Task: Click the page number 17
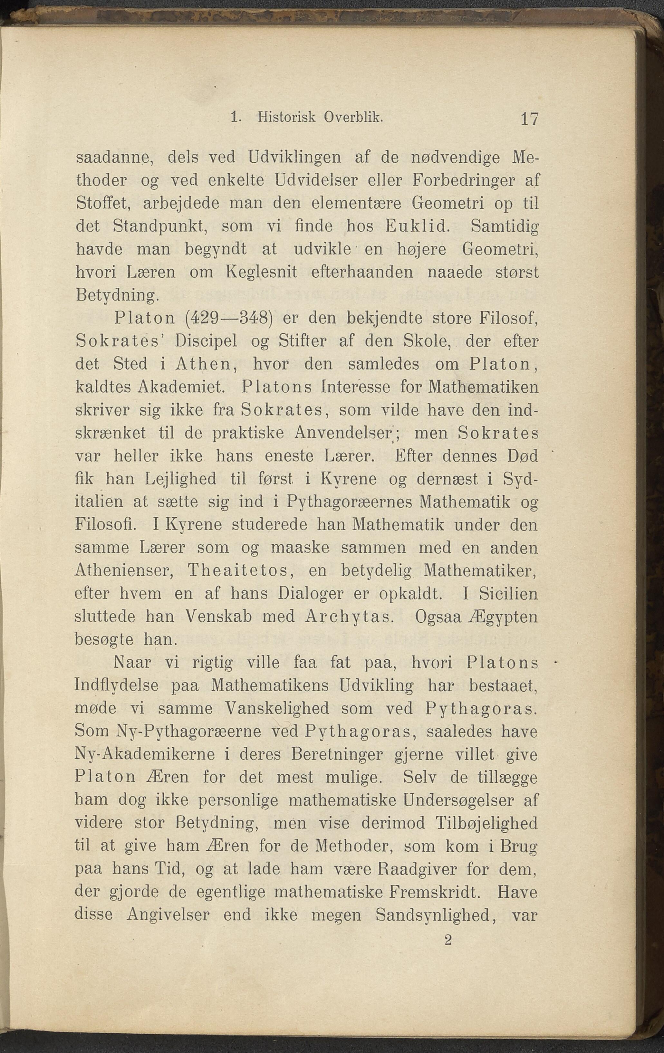click(x=529, y=119)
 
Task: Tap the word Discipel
click(x=206, y=341)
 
